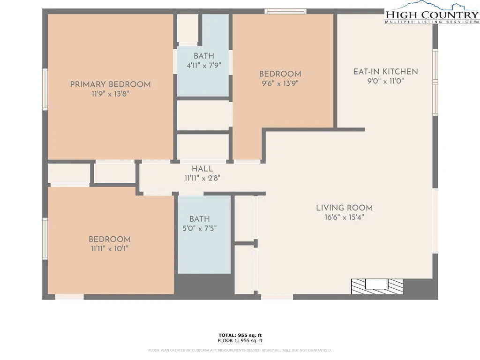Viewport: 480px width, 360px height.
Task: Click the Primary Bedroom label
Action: tap(111, 84)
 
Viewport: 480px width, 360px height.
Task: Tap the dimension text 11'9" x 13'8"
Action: tap(110, 94)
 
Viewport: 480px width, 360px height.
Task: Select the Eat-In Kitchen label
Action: tap(385, 72)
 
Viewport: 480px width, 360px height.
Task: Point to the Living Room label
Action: tap(345, 208)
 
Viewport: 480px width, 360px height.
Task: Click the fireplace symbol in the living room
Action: tap(377, 286)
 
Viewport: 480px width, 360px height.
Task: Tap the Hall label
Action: tap(202, 169)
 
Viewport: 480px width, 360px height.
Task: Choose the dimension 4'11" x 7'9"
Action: tap(204, 65)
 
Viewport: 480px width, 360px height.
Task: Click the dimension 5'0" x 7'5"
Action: tap(200, 228)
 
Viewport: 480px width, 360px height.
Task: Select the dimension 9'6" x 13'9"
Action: tap(280, 83)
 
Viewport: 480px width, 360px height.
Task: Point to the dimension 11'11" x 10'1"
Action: tap(110, 248)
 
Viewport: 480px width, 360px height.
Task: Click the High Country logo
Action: tap(432, 12)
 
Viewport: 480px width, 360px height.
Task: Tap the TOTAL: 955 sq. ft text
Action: tap(240, 335)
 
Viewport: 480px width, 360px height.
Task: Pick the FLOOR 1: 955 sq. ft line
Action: tap(240, 340)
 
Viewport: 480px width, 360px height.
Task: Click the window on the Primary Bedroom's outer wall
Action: tap(45, 89)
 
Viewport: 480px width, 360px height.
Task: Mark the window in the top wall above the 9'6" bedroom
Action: tap(285, 11)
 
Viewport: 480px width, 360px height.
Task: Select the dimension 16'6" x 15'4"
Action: tap(345, 217)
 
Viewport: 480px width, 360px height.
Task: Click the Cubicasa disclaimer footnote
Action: tap(240, 350)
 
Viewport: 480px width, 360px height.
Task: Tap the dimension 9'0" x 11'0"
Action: tap(386, 81)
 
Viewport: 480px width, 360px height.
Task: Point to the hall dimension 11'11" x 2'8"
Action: tap(202, 178)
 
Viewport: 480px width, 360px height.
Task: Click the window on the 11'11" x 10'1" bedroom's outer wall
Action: tap(45, 239)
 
